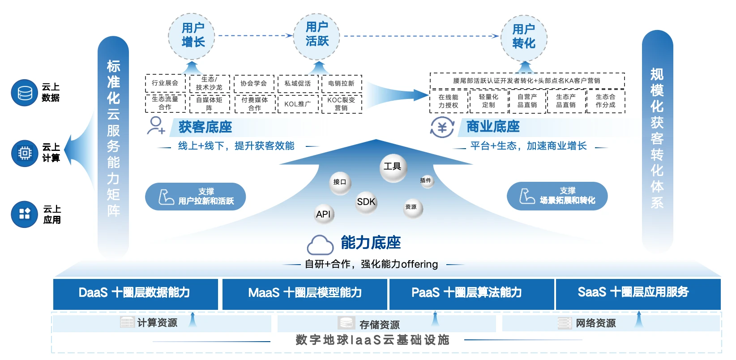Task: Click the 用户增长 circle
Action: [192, 35]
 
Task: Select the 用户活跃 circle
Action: [317, 34]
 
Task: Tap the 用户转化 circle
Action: [524, 37]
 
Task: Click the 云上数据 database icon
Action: [25, 93]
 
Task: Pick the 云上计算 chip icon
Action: [25, 153]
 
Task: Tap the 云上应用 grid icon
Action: [25, 214]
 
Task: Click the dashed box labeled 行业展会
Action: [165, 83]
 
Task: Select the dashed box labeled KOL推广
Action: [297, 104]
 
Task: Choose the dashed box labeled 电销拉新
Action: [341, 83]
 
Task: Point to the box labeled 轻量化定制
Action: [488, 101]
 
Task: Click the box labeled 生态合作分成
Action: [605, 101]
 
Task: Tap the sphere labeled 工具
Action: [393, 167]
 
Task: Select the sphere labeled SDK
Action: [366, 202]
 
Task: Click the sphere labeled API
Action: [323, 214]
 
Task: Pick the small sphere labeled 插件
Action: [426, 180]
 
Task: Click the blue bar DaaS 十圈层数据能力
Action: [135, 293]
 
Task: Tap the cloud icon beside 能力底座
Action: [320, 244]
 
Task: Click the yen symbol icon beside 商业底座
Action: [442, 128]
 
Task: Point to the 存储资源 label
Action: [379, 324]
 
